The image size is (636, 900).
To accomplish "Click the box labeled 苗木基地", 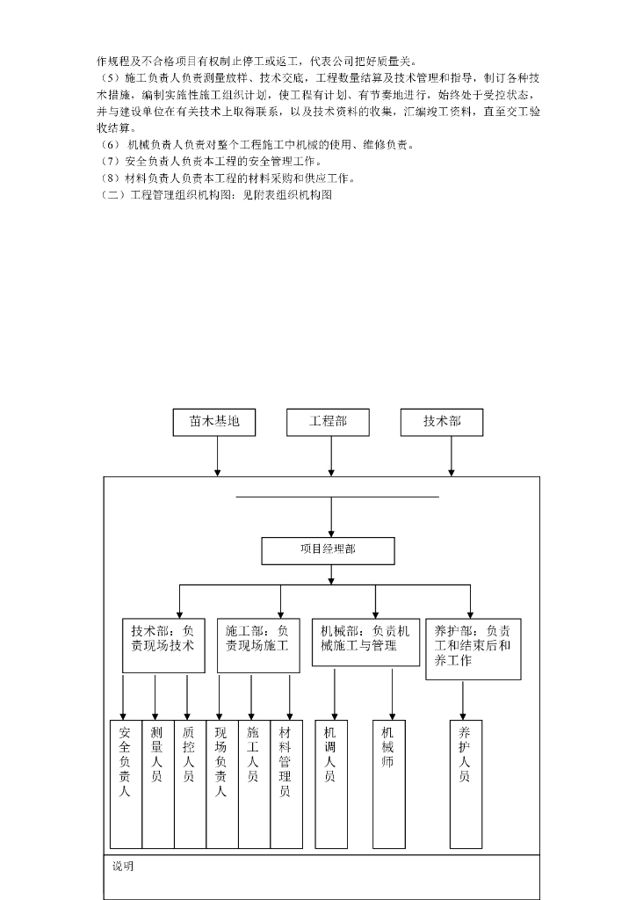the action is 214,422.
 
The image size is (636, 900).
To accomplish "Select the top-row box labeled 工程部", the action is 328,422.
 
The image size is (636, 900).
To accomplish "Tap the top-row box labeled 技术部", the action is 442,422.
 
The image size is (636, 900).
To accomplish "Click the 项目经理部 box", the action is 328,550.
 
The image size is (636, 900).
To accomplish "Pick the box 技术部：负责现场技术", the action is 163,645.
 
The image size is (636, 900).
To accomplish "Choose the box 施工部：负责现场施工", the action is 258,645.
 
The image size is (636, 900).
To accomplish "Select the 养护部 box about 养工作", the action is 473,649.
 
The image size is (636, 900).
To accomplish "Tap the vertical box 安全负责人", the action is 126,784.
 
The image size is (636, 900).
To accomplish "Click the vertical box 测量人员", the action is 158,784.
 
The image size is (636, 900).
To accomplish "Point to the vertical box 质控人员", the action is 190,784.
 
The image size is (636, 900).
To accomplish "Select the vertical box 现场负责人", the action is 222,784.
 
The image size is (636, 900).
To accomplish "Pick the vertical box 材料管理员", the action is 286,784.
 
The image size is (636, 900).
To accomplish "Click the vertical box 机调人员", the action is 331,784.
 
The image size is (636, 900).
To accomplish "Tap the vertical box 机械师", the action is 389,784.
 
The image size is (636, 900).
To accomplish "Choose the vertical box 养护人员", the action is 466,784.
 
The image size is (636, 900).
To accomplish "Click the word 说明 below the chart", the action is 123,867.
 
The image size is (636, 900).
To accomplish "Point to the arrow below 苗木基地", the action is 217,456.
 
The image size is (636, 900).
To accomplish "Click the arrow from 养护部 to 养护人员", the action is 463,700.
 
